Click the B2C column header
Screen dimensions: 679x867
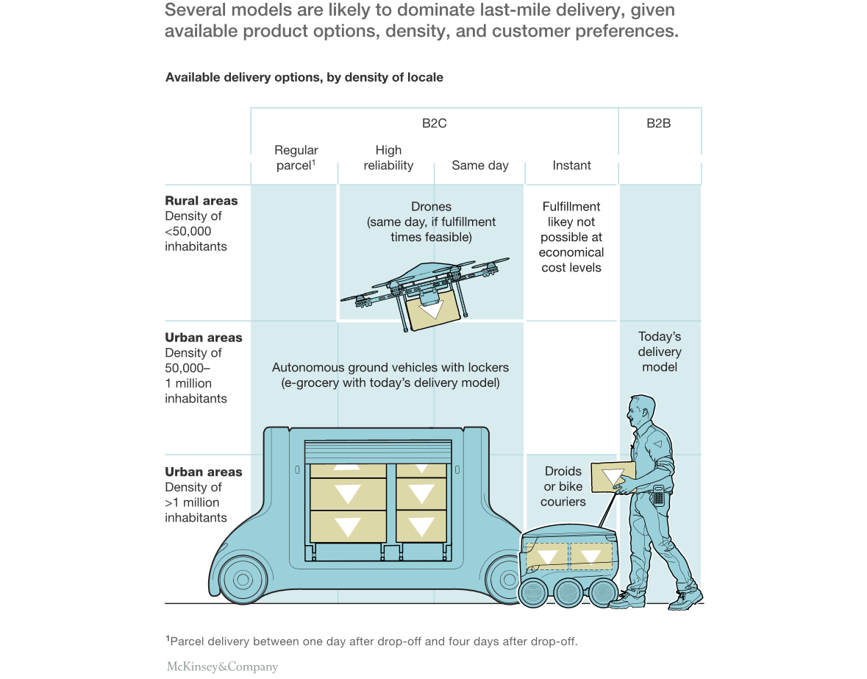click(x=434, y=124)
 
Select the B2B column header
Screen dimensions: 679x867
click(x=658, y=124)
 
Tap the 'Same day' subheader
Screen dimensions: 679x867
click(x=479, y=166)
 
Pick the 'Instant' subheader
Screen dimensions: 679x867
click(x=571, y=166)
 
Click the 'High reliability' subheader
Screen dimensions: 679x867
click(x=388, y=158)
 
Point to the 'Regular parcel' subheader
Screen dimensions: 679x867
click(x=296, y=158)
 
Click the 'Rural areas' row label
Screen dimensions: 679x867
click(x=201, y=201)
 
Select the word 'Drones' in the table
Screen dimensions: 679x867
click(x=431, y=207)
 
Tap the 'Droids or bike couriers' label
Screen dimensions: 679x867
click(x=563, y=486)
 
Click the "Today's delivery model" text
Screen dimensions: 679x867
click(x=660, y=352)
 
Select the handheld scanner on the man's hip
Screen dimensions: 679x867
click(x=658, y=494)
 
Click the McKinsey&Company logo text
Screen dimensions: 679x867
click(x=222, y=667)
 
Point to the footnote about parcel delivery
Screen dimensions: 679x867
click(x=371, y=641)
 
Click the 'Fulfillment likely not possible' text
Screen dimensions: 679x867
click(x=571, y=237)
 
